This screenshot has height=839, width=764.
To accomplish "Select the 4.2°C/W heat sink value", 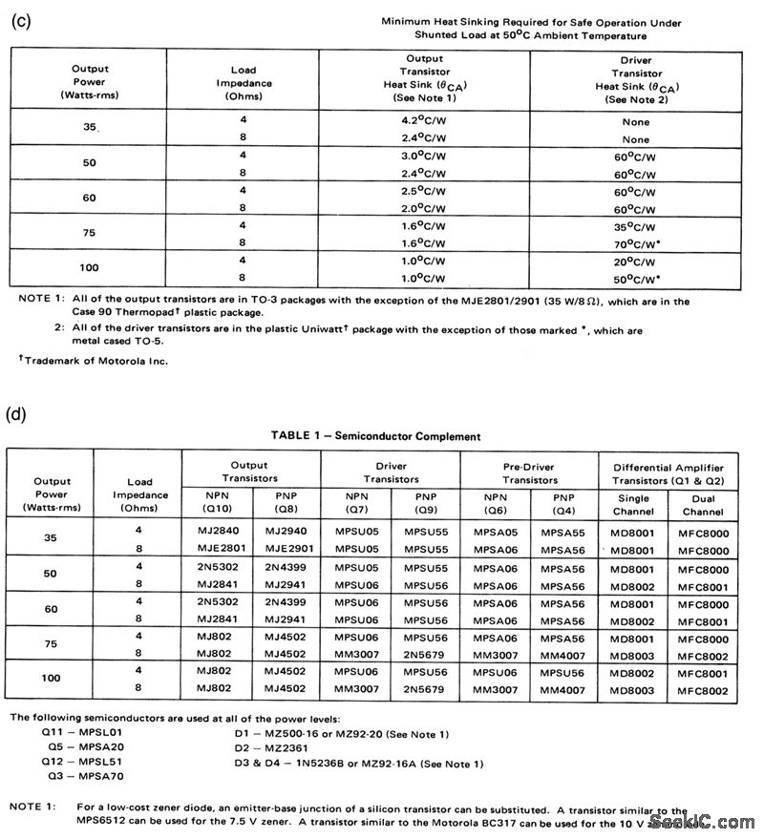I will [424, 122].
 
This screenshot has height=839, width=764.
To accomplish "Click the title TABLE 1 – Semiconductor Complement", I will [375, 436].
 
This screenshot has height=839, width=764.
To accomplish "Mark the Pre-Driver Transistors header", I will [530, 473].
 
